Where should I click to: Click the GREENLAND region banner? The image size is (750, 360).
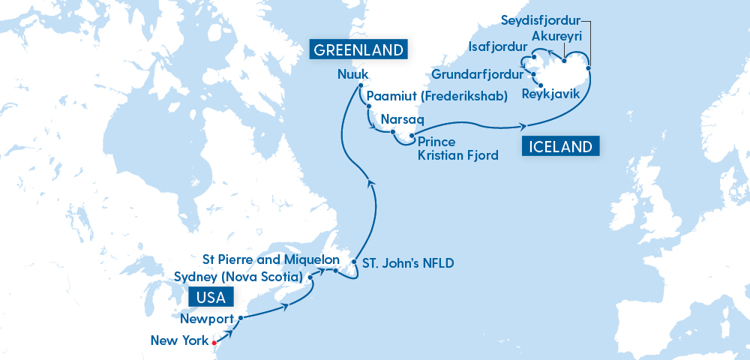(358, 50)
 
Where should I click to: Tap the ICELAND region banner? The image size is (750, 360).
(560, 146)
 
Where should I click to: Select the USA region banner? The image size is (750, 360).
(211, 298)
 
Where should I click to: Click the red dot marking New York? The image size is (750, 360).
(214, 342)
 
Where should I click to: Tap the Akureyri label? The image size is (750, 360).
(556, 37)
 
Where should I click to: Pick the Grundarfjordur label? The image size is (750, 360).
(478, 75)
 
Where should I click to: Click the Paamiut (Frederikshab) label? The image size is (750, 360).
(436, 96)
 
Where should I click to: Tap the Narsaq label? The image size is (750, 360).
(403, 119)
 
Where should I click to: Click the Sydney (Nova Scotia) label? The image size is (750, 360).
(237, 277)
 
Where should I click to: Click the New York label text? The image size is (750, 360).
(178, 341)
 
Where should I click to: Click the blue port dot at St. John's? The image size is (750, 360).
(354, 262)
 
